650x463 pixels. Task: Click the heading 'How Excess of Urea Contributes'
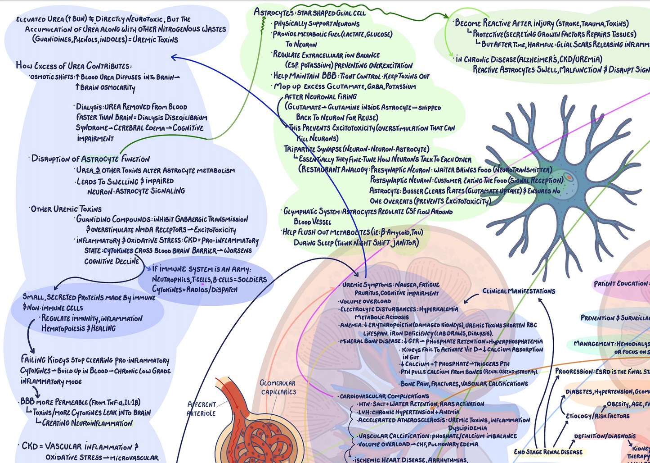pos(73,66)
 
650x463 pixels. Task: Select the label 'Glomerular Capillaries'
pos(278,387)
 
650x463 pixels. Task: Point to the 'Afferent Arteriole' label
pos(202,409)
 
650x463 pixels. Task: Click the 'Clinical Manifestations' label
pos(519,291)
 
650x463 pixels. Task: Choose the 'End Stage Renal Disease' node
pos(548,452)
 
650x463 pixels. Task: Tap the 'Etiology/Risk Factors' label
pos(597,416)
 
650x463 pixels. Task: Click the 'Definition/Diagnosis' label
pos(605,436)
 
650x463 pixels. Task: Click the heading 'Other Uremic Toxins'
pos(66,209)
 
